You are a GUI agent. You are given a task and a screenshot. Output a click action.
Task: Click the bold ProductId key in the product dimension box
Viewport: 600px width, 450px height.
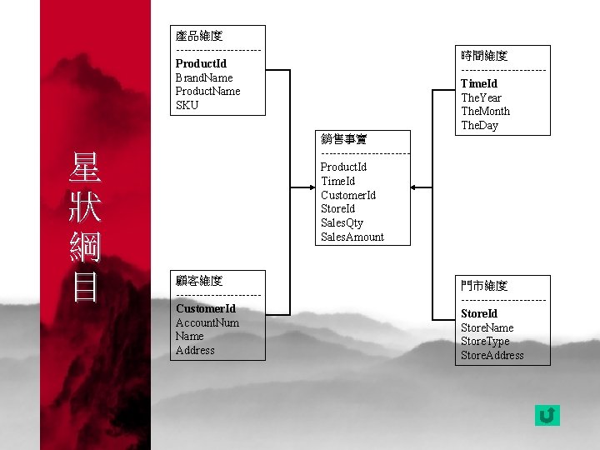(201, 63)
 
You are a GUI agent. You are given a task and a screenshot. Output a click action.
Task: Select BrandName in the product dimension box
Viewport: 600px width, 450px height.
(204, 77)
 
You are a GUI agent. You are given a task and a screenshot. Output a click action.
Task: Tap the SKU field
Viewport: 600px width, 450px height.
(187, 106)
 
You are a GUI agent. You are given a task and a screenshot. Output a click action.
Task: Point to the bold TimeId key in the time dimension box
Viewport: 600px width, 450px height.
(479, 83)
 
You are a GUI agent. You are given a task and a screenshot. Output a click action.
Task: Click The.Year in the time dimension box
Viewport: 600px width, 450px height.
(482, 97)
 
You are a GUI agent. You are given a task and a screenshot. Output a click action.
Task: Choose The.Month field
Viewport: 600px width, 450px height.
(486, 112)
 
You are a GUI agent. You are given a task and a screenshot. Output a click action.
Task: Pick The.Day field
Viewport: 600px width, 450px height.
(480, 126)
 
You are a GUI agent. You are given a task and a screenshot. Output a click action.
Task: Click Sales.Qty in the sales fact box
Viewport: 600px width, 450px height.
(342, 223)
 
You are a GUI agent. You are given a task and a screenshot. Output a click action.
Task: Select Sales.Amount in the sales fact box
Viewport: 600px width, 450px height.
(352, 237)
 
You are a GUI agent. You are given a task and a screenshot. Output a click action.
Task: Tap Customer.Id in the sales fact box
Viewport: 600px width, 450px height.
(348, 195)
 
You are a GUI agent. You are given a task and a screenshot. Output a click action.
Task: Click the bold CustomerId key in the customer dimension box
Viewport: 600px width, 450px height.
(206, 308)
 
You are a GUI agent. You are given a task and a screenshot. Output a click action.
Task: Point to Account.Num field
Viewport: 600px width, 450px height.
(207, 322)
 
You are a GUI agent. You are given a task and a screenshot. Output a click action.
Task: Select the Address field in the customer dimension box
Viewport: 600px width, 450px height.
(195, 351)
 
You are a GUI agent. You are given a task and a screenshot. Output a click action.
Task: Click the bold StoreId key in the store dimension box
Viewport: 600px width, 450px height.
(479, 313)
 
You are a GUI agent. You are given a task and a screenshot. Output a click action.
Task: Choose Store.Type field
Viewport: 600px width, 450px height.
(486, 342)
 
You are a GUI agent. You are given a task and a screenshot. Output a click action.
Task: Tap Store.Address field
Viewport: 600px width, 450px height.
(492, 356)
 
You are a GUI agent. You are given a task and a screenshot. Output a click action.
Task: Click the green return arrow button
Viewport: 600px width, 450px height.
(547, 415)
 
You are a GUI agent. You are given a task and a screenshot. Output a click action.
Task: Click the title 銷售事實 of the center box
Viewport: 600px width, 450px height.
(344, 138)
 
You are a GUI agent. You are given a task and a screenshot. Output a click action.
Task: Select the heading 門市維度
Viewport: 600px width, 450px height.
(484, 286)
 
